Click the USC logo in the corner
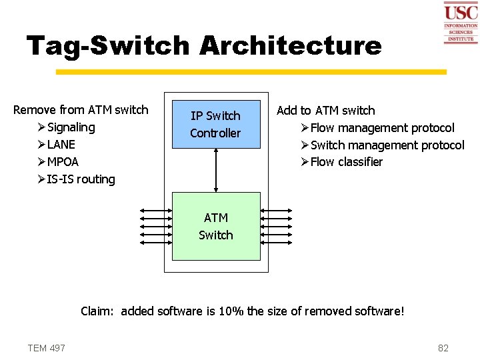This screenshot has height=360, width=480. coord(461,23)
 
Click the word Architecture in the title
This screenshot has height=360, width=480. coord(290,46)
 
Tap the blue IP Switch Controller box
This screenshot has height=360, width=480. coord(215,124)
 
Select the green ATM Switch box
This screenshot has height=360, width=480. coord(216,226)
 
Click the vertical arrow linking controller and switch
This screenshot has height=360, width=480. coord(216,170)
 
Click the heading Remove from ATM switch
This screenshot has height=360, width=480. coord(81,110)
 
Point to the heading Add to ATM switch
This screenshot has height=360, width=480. coord(325,111)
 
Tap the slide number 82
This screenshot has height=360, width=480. coord(443,348)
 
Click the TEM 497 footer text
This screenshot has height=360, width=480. coord(46,348)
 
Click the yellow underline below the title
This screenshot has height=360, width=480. coord(251,71)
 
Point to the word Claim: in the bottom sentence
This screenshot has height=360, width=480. coord(97,311)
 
